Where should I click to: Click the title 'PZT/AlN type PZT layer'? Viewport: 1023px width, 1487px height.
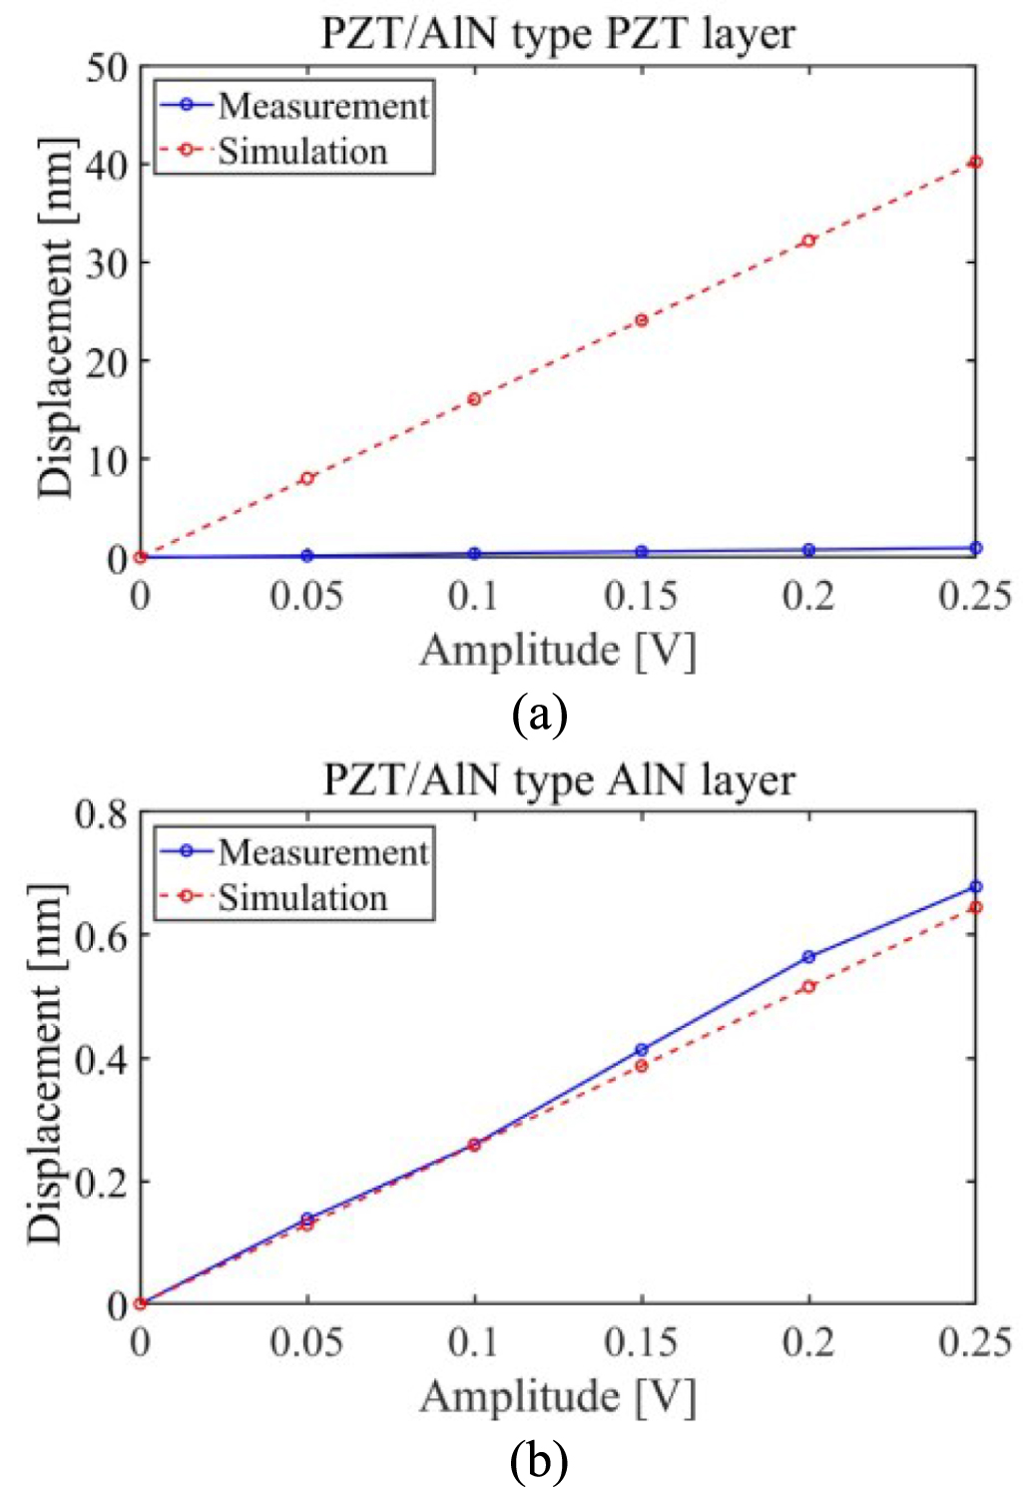pos(557,33)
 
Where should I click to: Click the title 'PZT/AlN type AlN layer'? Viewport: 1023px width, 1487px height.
pos(558,779)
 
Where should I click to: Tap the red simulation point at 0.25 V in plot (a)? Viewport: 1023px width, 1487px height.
pos(975,162)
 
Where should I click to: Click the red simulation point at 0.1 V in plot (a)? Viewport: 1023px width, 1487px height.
pos(474,399)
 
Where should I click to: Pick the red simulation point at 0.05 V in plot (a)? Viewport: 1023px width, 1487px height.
pos(307,478)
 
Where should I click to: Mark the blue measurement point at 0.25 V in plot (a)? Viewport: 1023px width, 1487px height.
pos(975,548)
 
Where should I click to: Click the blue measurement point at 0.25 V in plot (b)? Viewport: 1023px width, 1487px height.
pos(975,886)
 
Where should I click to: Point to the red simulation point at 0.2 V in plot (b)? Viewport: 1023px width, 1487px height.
pos(808,986)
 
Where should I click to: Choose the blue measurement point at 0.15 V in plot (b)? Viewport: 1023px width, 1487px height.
pos(642,1050)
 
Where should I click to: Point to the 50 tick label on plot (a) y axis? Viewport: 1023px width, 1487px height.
pos(106,68)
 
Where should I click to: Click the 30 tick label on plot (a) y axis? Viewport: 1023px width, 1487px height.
pos(106,263)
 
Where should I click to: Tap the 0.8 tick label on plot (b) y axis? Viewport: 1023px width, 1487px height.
pos(101,814)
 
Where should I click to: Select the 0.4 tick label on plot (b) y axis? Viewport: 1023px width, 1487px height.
pos(101,1059)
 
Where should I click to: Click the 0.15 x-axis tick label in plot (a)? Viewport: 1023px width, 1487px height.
pos(641,597)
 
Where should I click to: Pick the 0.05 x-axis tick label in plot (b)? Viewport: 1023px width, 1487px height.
pos(306,1342)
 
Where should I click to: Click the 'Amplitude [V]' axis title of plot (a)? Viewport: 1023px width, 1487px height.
pos(557,651)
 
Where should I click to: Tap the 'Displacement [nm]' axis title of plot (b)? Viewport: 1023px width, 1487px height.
pos(46,1063)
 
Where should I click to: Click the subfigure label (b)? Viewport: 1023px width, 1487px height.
pos(539,1461)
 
